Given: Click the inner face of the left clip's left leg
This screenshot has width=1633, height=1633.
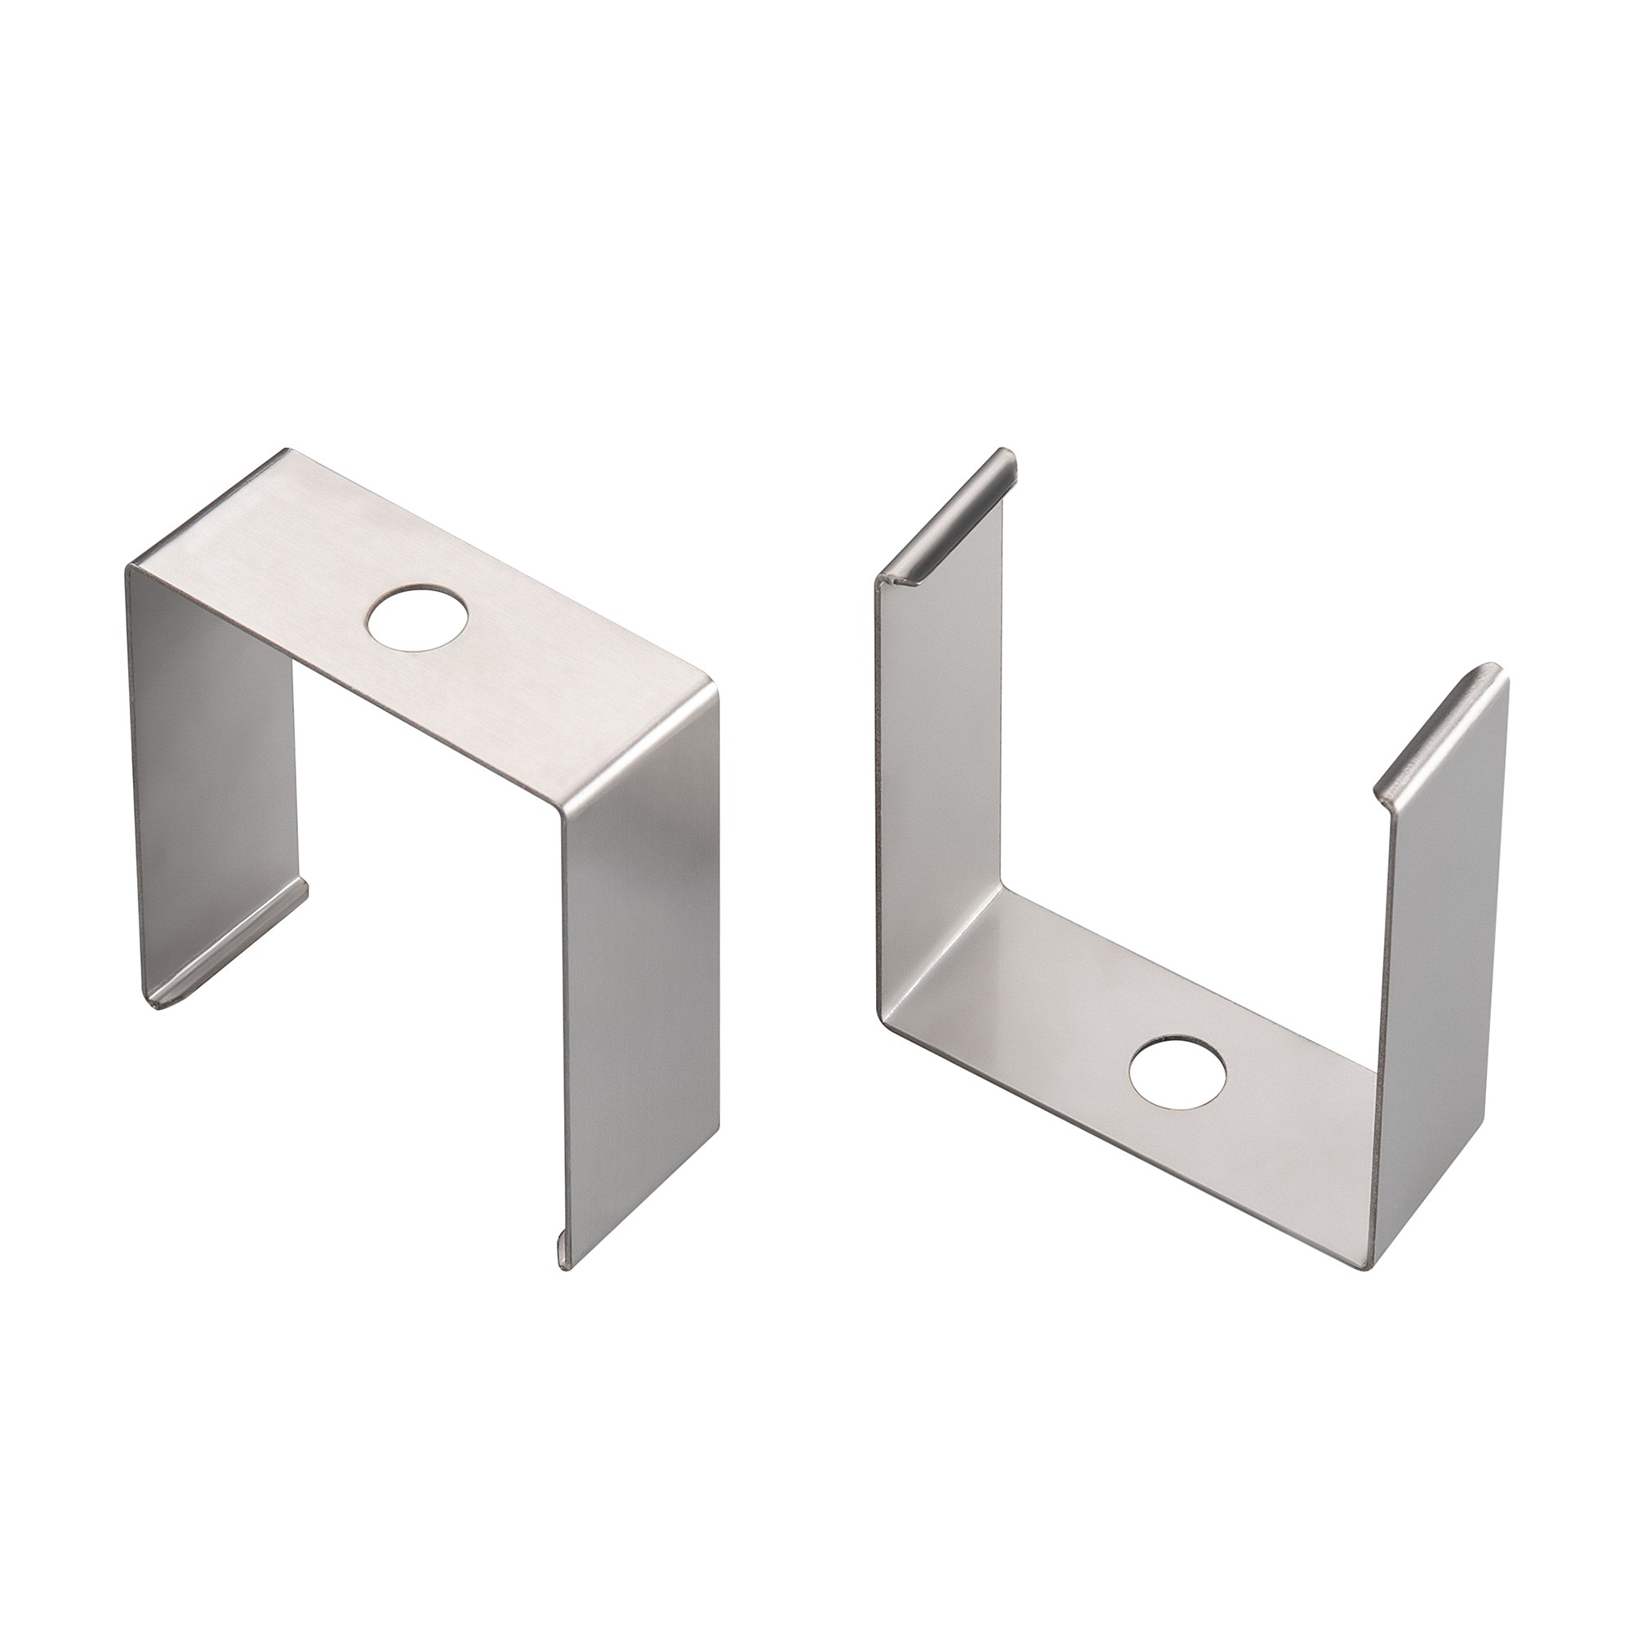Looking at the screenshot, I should [211, 761].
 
